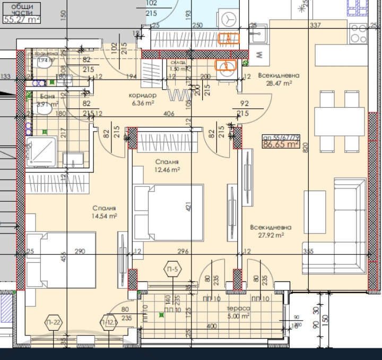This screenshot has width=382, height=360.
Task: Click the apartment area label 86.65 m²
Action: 281,143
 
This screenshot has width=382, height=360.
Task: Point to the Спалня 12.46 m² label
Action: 167,166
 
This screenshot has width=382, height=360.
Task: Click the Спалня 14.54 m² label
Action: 104,212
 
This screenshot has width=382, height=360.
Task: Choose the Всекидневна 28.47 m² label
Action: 279,80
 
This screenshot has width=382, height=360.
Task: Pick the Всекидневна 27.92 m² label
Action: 271,231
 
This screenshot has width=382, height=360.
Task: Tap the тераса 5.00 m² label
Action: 238,312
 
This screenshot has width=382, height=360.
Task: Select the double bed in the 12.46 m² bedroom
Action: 169,212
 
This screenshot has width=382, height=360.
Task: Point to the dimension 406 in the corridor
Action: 169,113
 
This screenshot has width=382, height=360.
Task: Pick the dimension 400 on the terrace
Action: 212,325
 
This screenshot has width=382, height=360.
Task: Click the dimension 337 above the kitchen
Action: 315,25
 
